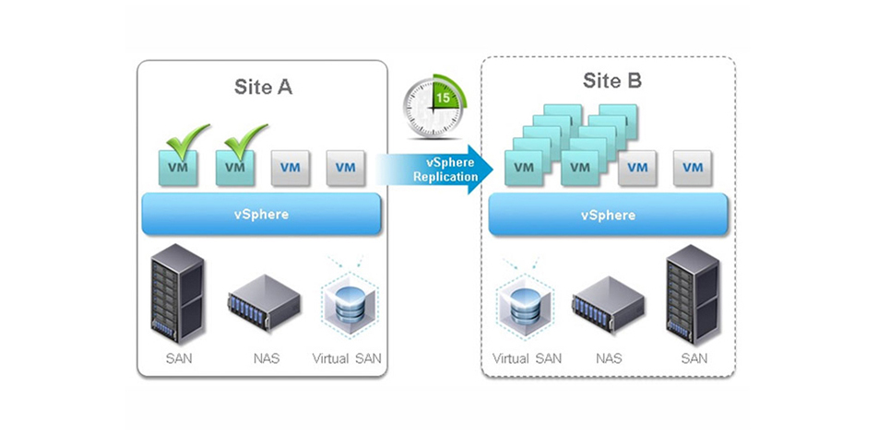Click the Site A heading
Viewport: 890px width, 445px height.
coord(264,88)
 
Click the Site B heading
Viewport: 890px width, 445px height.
coord(611,81)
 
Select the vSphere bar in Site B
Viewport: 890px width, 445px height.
coord(608,215)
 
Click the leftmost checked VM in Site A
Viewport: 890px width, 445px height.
coord(178,168)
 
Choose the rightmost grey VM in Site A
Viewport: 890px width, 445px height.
coord(346,168)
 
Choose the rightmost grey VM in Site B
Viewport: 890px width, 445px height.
coord(690,168)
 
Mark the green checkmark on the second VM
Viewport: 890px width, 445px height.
coord(245,138)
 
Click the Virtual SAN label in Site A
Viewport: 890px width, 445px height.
coord(345,358)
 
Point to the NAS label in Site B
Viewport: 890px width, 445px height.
coord(606,358)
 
